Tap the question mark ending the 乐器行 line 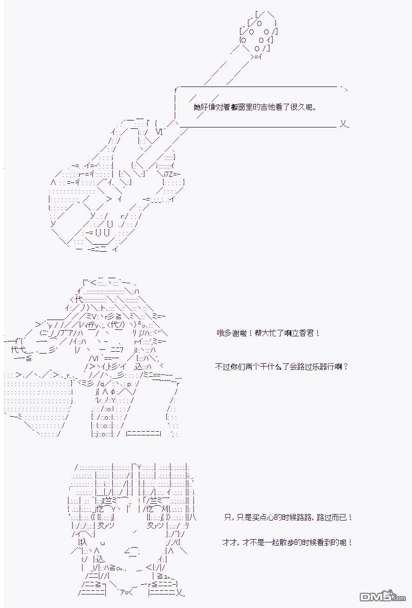pyautogui.click(x=346, y=367)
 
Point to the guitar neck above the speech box pyautogui.click(x=228, y=71)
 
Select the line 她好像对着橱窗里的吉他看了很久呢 pyautogui.click(x=255, y=107)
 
